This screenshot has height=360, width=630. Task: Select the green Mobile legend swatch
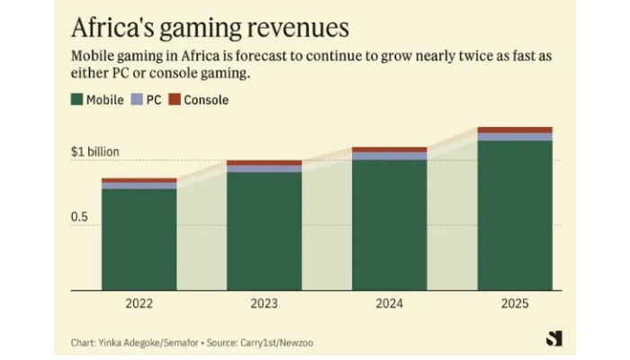click(x=76, y=100)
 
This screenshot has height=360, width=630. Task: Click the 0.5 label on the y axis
click(x=80, y=217)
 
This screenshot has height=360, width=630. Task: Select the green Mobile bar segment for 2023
click(x=264, y=231)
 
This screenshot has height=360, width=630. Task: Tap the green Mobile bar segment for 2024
click(x=389, y=225)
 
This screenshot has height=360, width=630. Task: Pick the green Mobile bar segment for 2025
click(x=514, y=216)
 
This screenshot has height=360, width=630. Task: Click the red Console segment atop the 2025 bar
click(x=514, y=130)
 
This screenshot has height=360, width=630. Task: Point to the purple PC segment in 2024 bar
click(x=389, y=157)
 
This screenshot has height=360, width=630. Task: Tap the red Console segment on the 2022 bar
click(x=139, y=181)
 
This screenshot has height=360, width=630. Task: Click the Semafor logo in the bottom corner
click(x=553, y=338)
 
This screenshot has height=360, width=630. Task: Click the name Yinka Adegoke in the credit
click(x=132, y=343)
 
